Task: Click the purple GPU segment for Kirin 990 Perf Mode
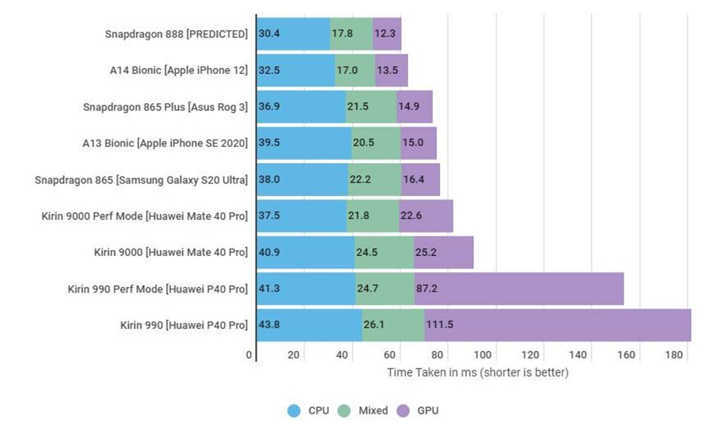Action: click(x=519, y=289)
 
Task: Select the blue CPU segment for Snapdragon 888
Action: click(x=292, y=34)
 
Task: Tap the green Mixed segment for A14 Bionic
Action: click(x=355, y=70)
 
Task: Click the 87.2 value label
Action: click(x=427, y=289)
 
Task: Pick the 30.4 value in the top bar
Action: click(x=269, y=34)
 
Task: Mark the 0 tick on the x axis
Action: click(x=249, y=355)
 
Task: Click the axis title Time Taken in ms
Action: click(x=478, y=373)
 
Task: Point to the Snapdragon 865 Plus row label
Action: click(x=165, y=107)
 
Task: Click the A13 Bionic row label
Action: click(x=165, y=143)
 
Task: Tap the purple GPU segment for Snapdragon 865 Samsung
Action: click(x=420, y=179)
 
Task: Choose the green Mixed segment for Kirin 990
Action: click(x=393, y=325)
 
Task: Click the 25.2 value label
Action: click(x=427, y=252)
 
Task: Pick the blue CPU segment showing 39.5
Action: click(x=303, y=143)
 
